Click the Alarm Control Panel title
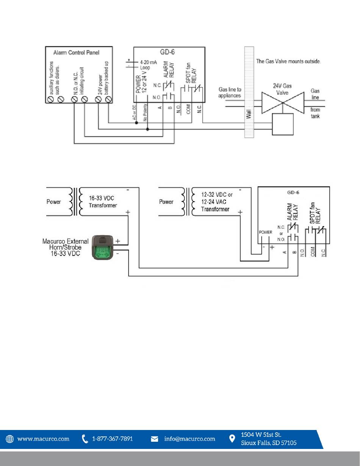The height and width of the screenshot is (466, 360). tap(76, 53)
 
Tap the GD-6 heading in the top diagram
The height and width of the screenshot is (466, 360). tap(167, 52)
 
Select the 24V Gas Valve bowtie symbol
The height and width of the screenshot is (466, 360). tap(283, 103)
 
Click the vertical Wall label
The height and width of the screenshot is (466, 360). tap(249, 114)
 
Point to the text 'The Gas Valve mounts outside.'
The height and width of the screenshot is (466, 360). tap(288, 61)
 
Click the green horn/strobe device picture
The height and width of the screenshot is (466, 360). tap(103, 247)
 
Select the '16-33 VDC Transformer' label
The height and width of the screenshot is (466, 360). tap(103, 202)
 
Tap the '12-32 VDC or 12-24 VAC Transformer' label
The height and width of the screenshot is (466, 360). tap(217, 202)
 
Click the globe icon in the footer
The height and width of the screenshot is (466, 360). tap(9, 439)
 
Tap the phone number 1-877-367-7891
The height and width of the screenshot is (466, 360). tap(112, 439)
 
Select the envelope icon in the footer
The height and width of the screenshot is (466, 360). tap(155, 439)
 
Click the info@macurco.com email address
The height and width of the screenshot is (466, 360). tap(189, 439)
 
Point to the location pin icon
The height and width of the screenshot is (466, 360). tap(232, 439)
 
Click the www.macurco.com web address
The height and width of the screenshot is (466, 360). tap(43, 439)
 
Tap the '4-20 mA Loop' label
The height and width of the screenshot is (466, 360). tap(148, 65)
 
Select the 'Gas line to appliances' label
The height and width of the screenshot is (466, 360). tap(230, 93)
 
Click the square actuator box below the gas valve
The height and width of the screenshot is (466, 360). tap(283, 124)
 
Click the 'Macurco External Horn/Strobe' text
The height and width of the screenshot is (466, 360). tap(65, 244)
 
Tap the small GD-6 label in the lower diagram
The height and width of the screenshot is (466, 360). tap(293, 192)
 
